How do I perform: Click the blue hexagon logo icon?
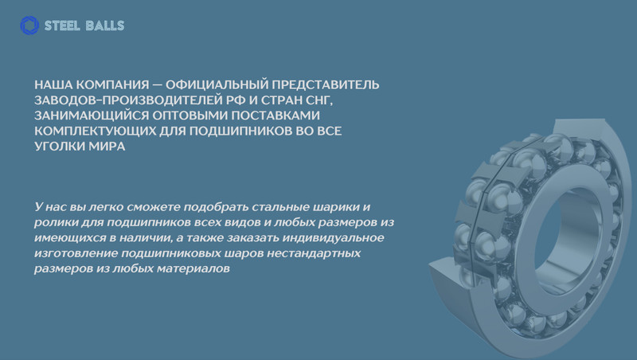(x=29, y=25)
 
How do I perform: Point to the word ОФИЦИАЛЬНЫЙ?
(x=217, y=84)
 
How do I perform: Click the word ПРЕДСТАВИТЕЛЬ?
(x=326, y=84)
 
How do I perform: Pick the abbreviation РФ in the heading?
(x=236, y=100)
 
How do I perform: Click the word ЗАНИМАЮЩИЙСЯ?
(x=92, y=115)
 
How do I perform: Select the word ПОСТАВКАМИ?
(x=276, y=115)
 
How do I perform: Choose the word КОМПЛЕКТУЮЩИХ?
(x=95, y=131)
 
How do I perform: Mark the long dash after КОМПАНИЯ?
(x=157, y=85)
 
